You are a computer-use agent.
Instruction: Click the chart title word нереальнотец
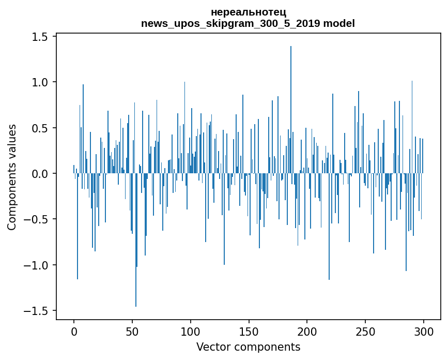[248, 12]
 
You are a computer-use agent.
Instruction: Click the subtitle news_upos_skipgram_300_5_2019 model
[248, 23]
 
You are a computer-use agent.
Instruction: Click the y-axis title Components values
[12, 177]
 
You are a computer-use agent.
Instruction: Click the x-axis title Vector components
[248, 347]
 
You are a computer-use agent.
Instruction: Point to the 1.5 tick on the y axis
[41, 37]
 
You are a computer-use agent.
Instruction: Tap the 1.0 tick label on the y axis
[41, 82]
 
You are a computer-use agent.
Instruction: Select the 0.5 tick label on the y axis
[41, 128]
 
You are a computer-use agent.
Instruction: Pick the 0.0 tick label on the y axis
[41, 174]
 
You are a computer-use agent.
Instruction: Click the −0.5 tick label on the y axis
[37, 219]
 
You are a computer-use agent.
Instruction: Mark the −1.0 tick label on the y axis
[37, 265]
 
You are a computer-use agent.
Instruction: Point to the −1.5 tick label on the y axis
[37, 311]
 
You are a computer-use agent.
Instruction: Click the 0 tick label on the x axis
[74, 331]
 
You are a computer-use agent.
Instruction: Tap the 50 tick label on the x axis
[132, 331]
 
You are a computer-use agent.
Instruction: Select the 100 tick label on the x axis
[191, 331]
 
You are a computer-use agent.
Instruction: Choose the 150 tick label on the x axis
[249, 331]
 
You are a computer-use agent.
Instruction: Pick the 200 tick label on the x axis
[307, 331]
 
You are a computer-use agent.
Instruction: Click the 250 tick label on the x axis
[365, 331]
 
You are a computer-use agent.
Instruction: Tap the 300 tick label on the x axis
[424, 331]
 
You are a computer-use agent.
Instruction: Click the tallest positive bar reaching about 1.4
[291, 103]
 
